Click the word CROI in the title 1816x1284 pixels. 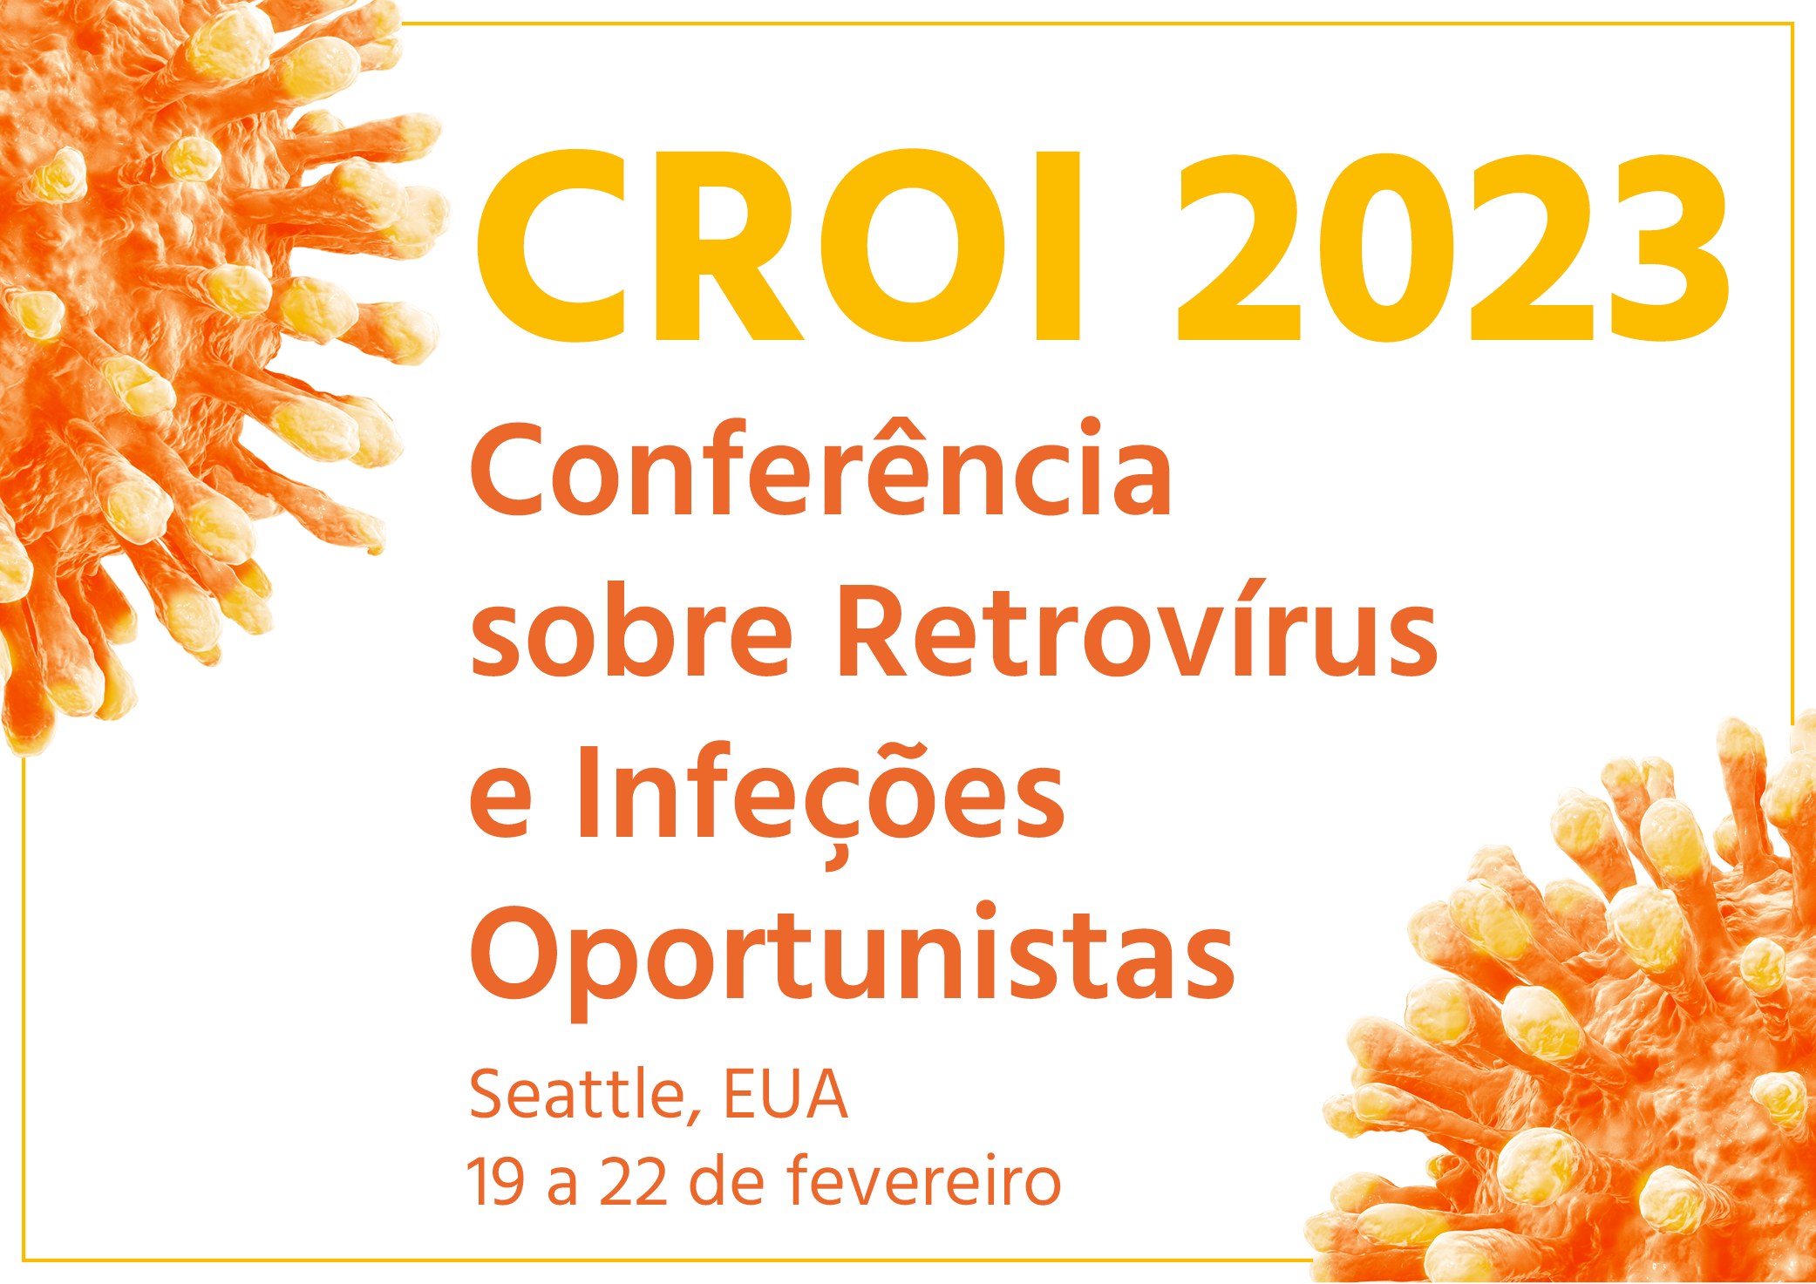[x=779, y=247]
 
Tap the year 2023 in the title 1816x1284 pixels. [x=1452, y=247]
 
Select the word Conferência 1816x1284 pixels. [x=821, y=468]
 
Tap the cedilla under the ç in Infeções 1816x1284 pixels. [x=835, y=858]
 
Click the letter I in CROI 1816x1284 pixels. [x=1058, y=247]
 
